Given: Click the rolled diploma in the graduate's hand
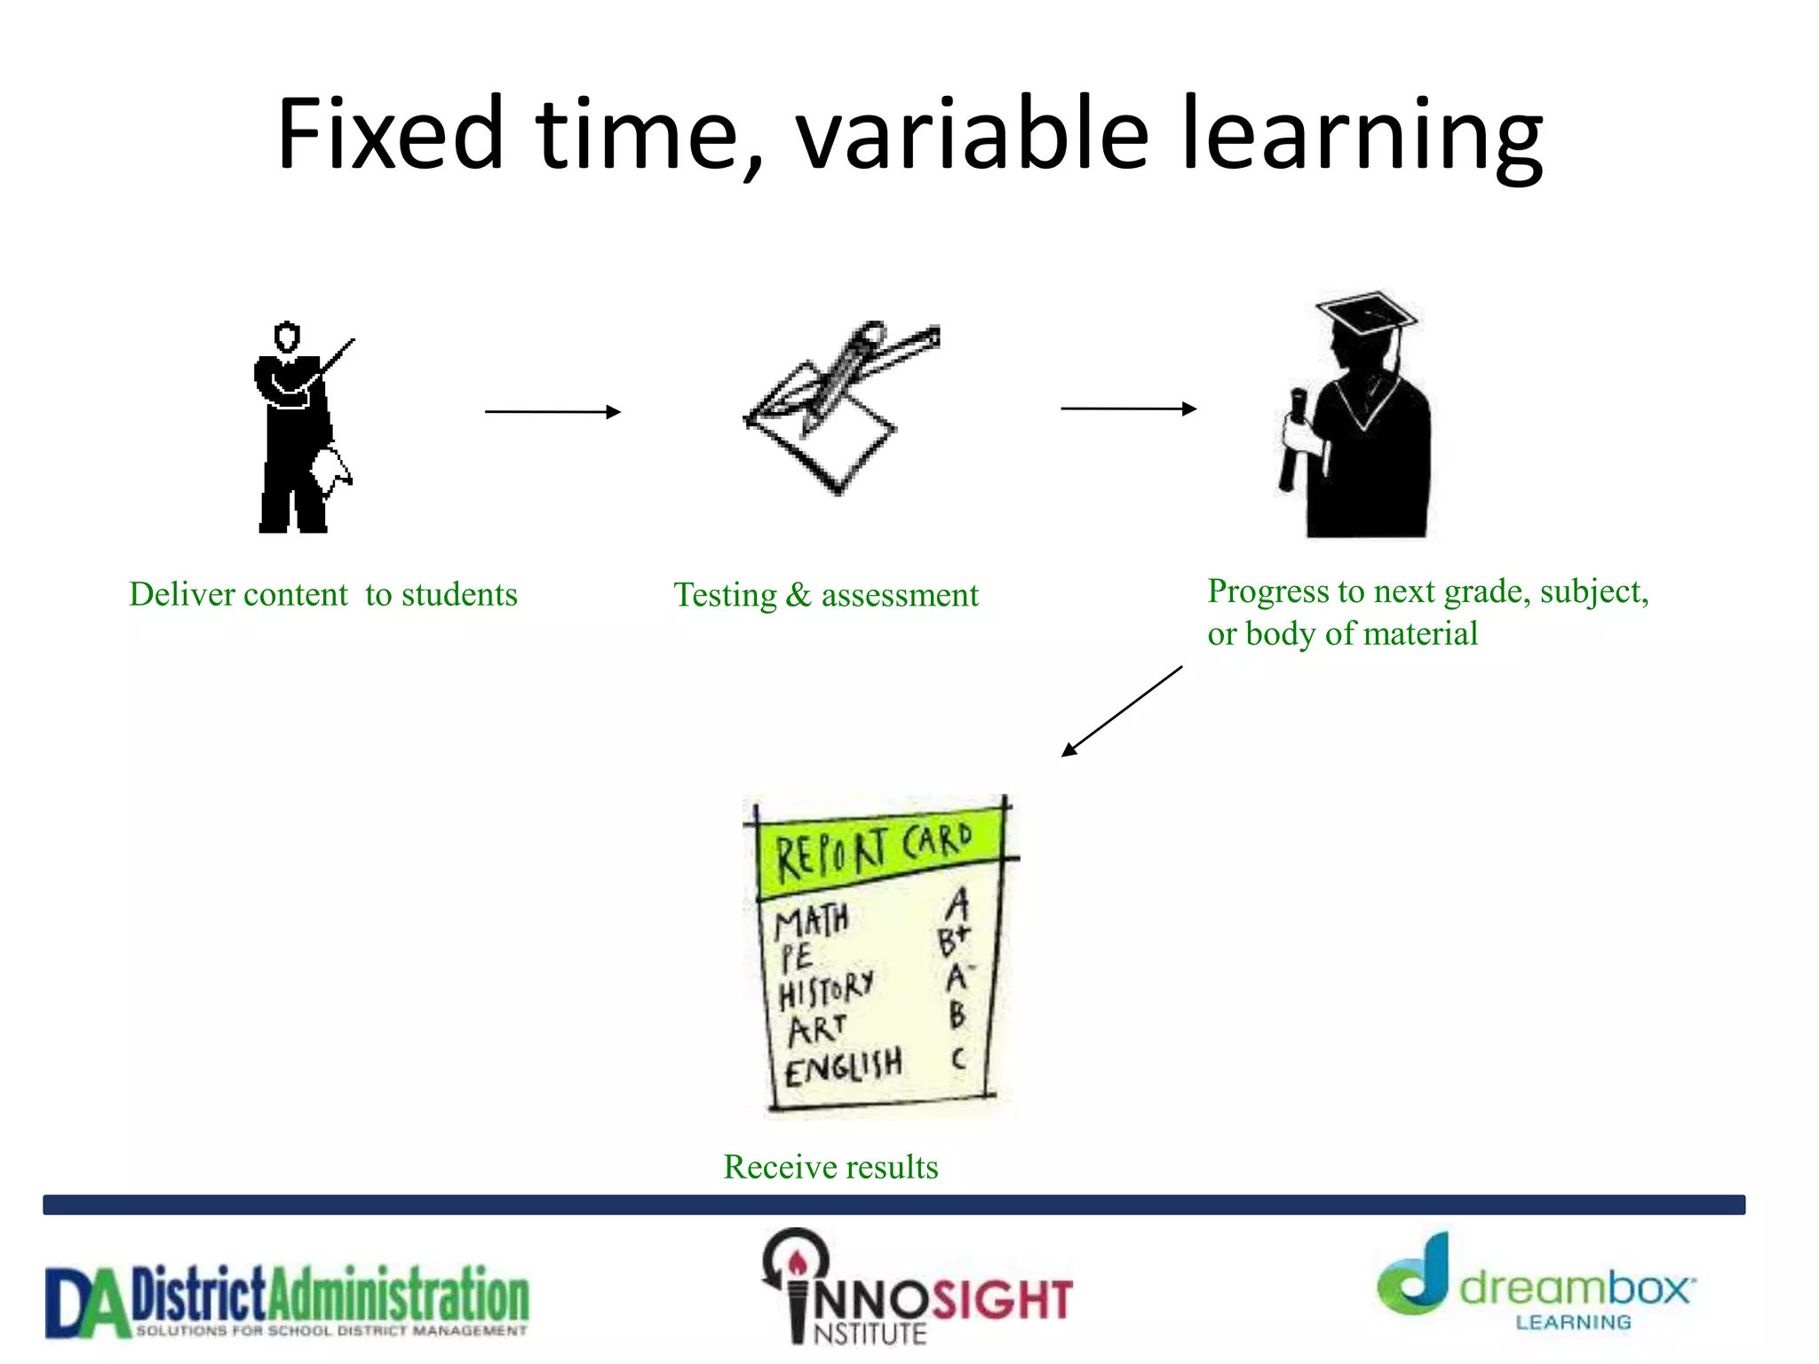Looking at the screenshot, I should [x=1292, y=440].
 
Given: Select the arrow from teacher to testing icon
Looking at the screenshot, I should [x=552, y=411].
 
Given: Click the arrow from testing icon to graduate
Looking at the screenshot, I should [x=1128, y=408].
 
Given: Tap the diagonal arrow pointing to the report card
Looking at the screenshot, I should [x=1121, y=711].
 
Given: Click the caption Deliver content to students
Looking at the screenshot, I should [x=322, y=594].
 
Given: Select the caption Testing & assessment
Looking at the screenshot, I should [x=825, y=595].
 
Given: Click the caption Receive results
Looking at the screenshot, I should [x=830, y=1167].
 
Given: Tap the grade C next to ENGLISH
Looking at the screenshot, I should [x=957, y=1059].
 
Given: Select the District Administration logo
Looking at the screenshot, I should [x=287, y=1301].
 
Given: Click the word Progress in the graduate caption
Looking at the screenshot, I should [x=1267, y=591].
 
